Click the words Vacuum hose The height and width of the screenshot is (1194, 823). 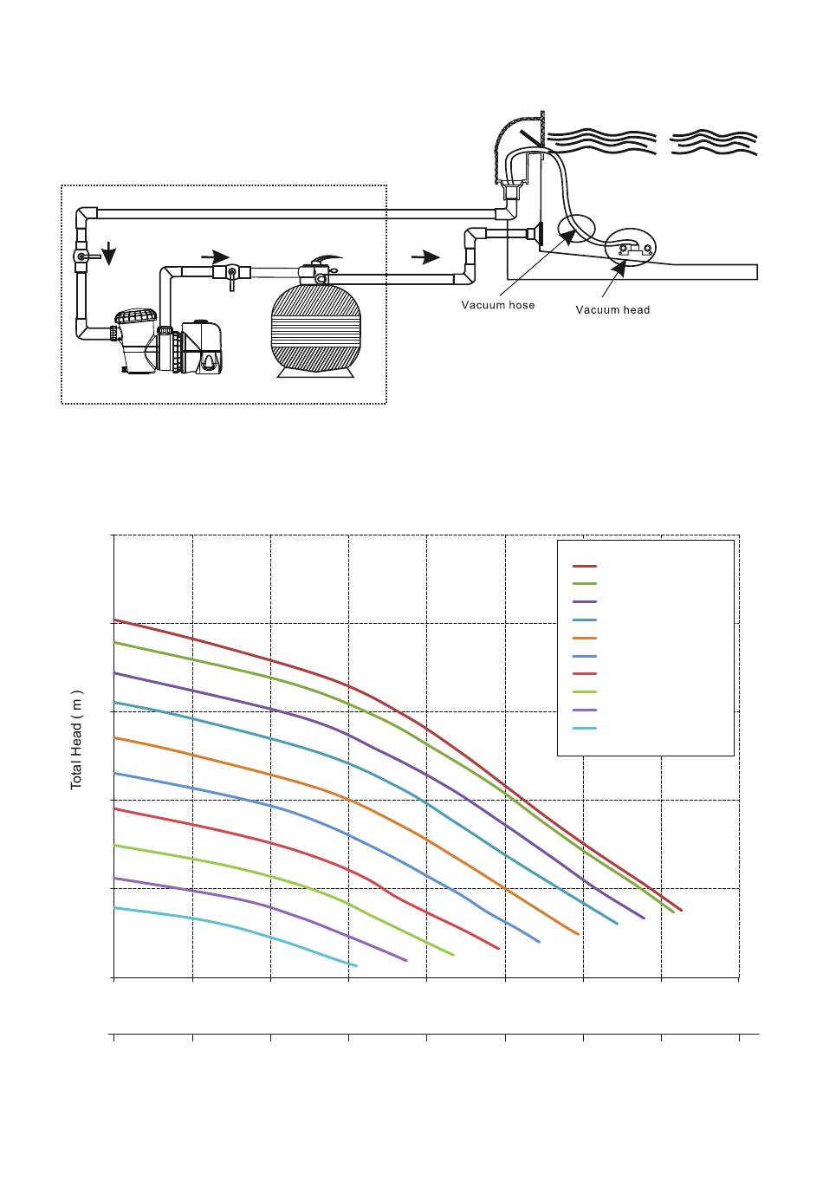[497, 305]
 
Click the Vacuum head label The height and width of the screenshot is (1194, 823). [612, 309]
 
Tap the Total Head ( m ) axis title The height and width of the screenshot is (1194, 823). [77, 740]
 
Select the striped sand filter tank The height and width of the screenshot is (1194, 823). [313, 328]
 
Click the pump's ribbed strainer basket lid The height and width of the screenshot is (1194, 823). [137, 316]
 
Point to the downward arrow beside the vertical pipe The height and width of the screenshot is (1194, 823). [109, 253]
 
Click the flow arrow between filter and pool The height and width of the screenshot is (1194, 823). [425, 257]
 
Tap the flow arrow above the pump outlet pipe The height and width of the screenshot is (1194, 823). [215, 257]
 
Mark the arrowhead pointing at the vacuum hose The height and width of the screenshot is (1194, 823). [569, 237]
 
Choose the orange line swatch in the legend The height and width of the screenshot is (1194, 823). [584, 638]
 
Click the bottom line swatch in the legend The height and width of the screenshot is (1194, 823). [584, 728]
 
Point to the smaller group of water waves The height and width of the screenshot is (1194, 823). [714, 142]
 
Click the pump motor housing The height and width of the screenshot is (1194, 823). [202, 347]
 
